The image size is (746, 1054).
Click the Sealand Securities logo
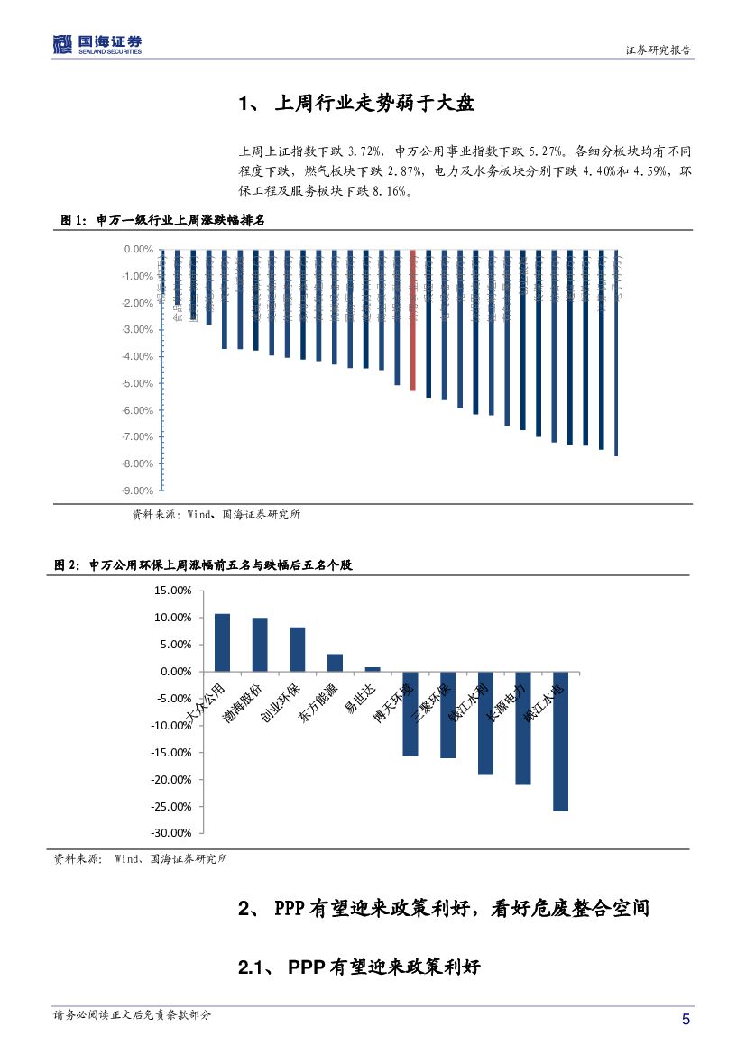click(97, 44)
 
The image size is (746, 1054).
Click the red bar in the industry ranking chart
click(413, 320)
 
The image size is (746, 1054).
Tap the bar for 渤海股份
click(260, 645)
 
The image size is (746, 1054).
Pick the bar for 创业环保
click(298, 649)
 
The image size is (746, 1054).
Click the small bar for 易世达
click(373, 669)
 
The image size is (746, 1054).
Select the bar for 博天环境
click(410, 713)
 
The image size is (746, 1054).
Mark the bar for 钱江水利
click(485, 723)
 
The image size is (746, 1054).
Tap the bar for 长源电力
click(523, 728)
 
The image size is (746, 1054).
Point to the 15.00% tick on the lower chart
click(173, 591)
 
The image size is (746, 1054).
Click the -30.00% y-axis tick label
click(171, 833)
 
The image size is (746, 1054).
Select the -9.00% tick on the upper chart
click(138, 491)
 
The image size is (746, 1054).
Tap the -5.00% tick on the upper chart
click(138, 384)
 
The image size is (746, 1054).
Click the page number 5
click(686, 1020)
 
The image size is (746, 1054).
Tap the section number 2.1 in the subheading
click(252, 968)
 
